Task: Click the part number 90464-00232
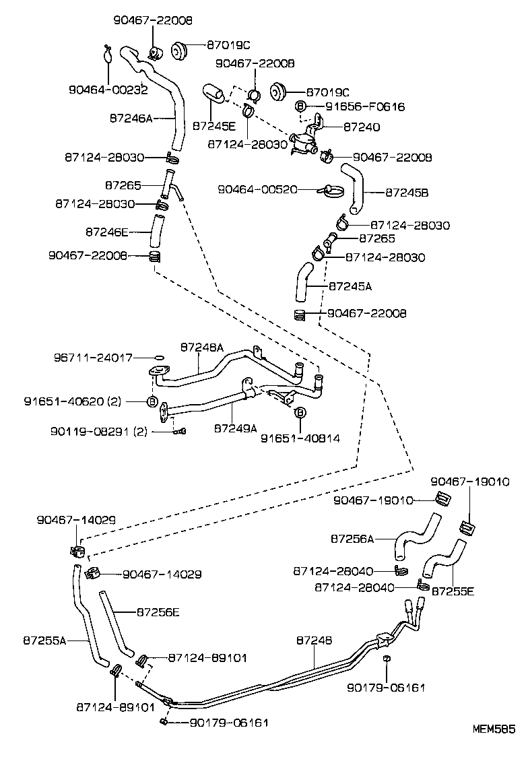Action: [108, 90]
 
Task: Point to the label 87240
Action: [362, 127]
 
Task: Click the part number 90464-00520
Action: [257, 190]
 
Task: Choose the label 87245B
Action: [407, 192]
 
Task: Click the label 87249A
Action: [236, 428]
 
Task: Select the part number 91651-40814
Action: [300, 438]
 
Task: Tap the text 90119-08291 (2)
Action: [98, 431]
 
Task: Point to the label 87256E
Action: [158, 612]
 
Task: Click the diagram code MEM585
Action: [493, 729]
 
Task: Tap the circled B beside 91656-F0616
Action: [301, 106]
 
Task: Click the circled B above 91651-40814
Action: [300, 413]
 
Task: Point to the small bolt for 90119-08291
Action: [179, 431]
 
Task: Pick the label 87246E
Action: [106, 232]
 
